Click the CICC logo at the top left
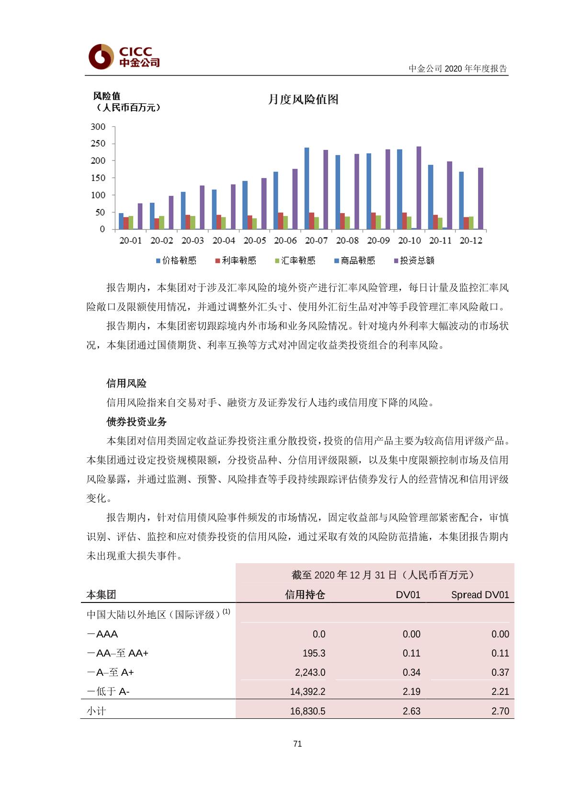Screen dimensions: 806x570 pyautogui.click(x=124, y=57)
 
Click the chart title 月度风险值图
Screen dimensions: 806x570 pyautogui.click(x=303, y=99)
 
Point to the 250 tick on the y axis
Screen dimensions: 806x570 pyautogui.click(x=98, y=144)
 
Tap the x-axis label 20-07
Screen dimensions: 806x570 pyautogui.click(x=316, y=240)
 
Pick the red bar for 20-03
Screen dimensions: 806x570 pyautogui.click(x=188, y=222)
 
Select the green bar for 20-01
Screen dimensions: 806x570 pyautogui.click(x=131, y=222)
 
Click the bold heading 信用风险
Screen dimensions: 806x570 pyautogui.click(x=126, y=383)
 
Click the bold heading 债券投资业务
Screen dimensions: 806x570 pyautogui.click(x=137, y=421)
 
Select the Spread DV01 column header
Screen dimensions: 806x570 pyautogui.click(x=480, y=595)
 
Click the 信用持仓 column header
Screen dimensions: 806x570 pyautogui.click(x=305, y=595)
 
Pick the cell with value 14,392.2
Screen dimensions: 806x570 pyautogui.click(x=308, y=692)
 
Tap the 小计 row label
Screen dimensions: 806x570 pyautogui.click(x=96, y=711)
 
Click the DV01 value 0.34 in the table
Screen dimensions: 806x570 pyautogui.click(x=411, y=672)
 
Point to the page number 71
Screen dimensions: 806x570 pyautogui.click(x=297, y=744)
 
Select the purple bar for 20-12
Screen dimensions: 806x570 pyautogui.click(x=480, y=198)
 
